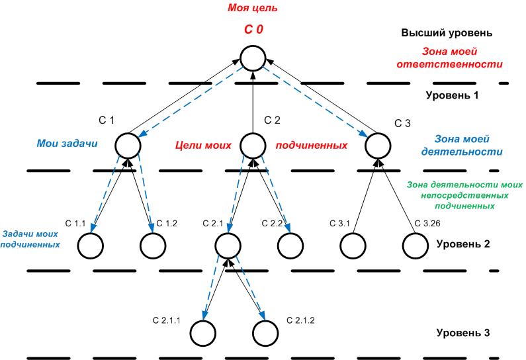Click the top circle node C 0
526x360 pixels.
[253, 58]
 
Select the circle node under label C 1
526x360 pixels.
[128, 144]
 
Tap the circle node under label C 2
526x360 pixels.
[253, 144]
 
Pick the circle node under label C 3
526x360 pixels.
[378, 144]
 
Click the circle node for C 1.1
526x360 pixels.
[91, 246]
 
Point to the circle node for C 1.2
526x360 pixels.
[153, 246]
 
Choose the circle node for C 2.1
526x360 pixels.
[228, 246]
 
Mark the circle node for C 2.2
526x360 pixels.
[290, 246]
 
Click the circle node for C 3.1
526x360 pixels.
[353, 246]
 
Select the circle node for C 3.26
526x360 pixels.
[416, 246]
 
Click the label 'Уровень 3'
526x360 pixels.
[462, 332]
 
